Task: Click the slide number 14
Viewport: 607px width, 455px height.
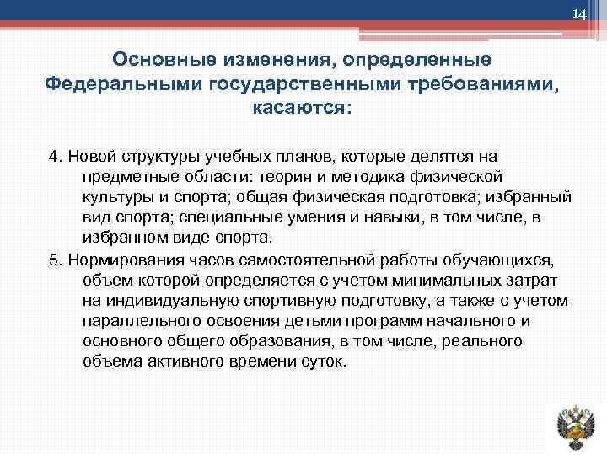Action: click(x=578, y=14)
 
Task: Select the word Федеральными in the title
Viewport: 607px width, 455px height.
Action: click(x=107, y=84)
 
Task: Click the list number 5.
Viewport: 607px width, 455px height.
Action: click(x=55, y=258)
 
